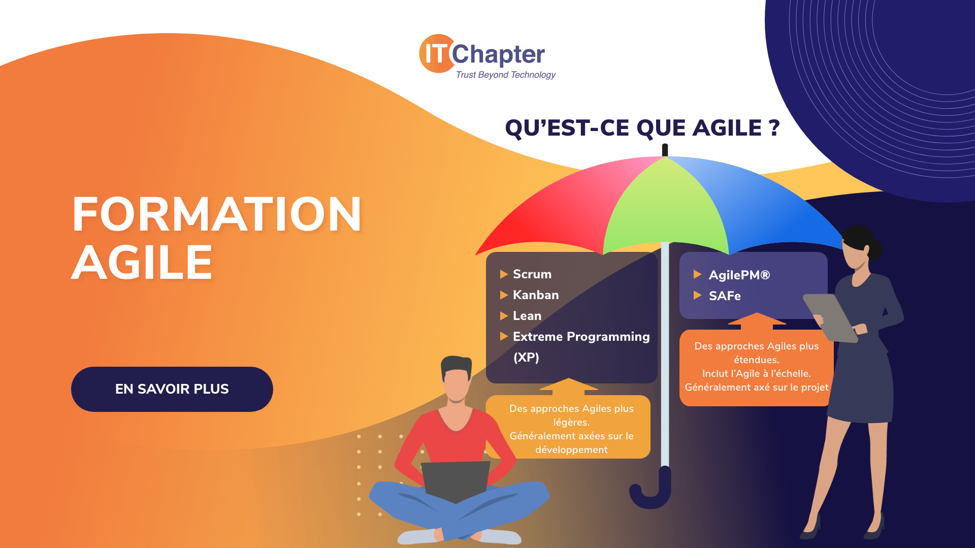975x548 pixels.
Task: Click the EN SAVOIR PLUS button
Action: tap(172, 389)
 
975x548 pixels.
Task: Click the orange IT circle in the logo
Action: tap(436, 53)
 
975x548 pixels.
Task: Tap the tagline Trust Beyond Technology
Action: tap(506, 75)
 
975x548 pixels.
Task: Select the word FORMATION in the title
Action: tap(217, 214)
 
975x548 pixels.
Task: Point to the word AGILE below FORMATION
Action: tap(142, 263)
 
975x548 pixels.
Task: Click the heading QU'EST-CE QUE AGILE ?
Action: tap(642, 127)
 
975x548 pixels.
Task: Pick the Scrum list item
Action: tap(532, 274)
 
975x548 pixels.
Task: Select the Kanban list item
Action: tap(536, 295)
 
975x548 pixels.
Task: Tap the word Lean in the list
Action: tap(527, 316)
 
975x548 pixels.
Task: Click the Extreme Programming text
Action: tap(581, 337)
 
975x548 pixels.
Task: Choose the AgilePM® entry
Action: tap(739, 275)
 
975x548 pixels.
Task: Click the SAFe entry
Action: tap(725, 296)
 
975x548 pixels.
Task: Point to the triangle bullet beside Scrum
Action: tap(504, 274)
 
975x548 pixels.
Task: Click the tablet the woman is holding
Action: tap(829, 317)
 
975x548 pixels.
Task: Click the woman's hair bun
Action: tap(874, 249)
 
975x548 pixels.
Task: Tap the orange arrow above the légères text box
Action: tap(569, 386)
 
